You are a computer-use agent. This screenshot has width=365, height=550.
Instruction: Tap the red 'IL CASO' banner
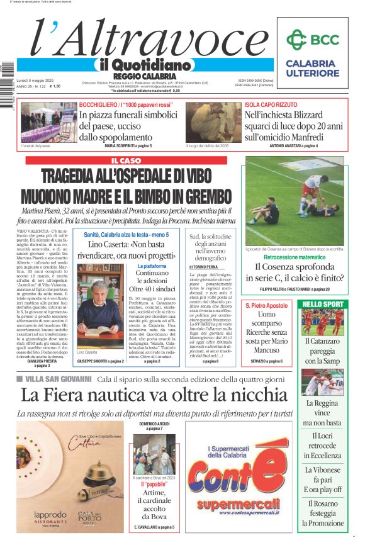pos(122,161)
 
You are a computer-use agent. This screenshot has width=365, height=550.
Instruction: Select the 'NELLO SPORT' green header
pos(323,304)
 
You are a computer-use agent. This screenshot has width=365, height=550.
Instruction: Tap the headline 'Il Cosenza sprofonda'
pos(295,267)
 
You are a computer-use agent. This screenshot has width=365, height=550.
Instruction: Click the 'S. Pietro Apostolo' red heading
pos(267,305)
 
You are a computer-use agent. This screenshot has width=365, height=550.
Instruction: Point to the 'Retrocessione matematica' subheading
pos(295,257)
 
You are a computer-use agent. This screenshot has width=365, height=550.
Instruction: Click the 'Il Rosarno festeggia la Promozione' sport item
pos(322,513)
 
